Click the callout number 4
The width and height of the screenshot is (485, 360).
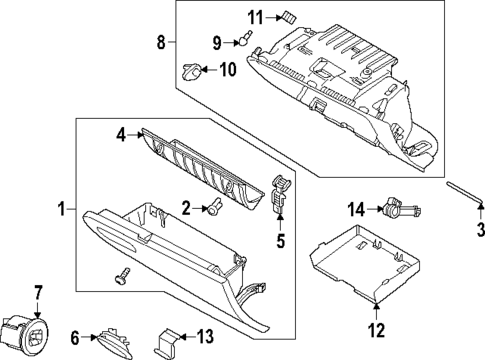point(120,133)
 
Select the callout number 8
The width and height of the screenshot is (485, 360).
point(159,41)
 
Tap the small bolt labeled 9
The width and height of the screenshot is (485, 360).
point(243,40)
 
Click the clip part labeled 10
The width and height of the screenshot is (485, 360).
point(190,71)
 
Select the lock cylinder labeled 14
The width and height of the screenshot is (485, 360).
point(397,209)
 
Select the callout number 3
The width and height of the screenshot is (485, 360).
point(479,232)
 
